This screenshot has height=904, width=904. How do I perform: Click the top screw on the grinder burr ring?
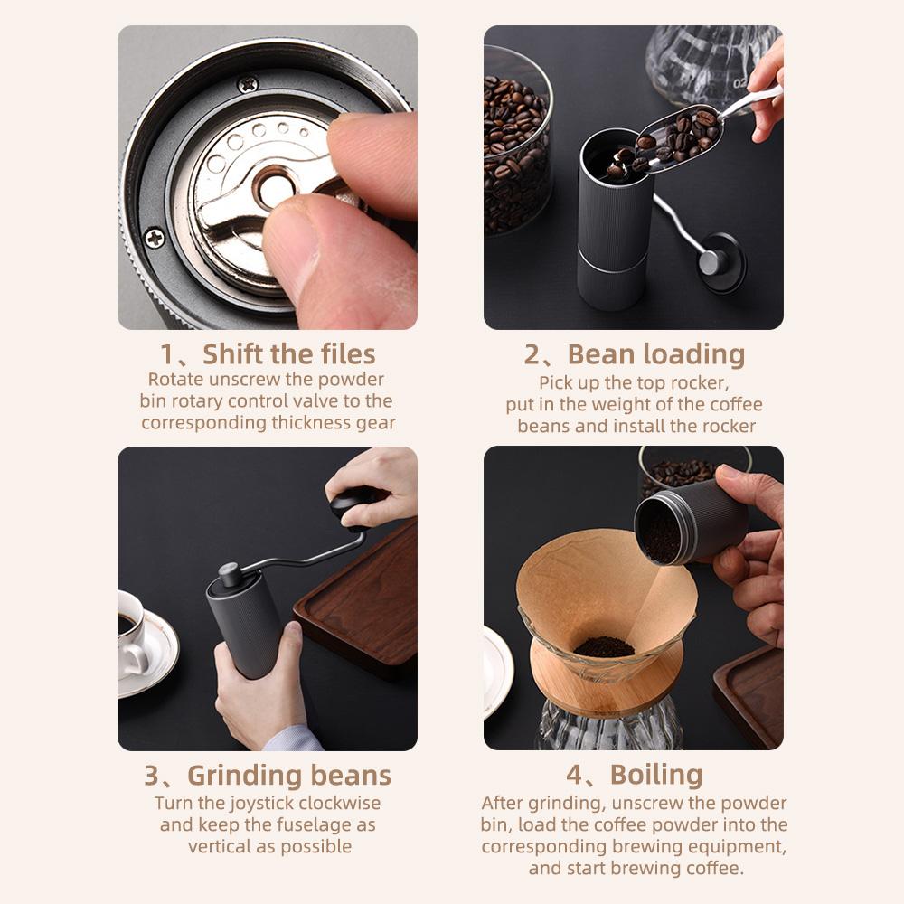pyautogui.click(x=248, y=85)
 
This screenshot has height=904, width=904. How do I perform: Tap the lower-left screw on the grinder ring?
pyautogui.click(x=155, y=238)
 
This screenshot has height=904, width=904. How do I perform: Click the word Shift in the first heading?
pyautogui.click(x=231, y=354)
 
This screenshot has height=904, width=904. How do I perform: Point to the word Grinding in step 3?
pyautogui.click(x=245, y=776)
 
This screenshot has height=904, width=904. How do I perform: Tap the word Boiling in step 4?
pyautogui.click(x=656, y=776)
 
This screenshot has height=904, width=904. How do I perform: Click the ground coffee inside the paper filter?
pyautogui.click(x=604, y=647)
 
